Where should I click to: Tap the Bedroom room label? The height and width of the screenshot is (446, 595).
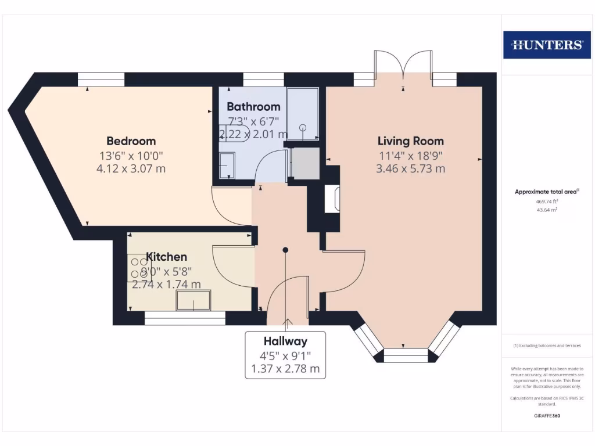131,141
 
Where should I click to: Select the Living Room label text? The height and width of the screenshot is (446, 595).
410,141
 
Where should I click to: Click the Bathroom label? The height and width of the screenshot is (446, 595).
253,107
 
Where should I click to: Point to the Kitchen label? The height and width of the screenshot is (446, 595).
166,257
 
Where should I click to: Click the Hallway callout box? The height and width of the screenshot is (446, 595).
285,354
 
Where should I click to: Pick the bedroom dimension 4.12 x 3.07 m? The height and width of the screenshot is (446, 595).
131,169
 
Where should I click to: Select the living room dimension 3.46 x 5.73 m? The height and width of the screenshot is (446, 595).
410,169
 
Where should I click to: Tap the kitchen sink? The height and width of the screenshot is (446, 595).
193,301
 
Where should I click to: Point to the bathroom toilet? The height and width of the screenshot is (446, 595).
238,133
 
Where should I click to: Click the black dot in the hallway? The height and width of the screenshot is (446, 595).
285,250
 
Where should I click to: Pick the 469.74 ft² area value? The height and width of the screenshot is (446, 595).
546,202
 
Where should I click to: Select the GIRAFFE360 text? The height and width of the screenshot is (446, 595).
546,416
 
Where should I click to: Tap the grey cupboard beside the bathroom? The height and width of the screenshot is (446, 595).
305,163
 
